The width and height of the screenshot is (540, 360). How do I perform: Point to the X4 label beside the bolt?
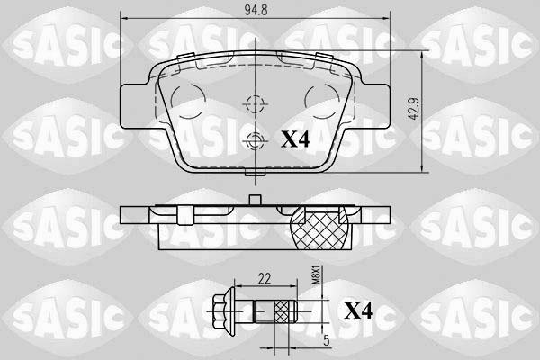tap(361, 311)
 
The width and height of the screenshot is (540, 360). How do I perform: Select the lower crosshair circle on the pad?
tap(255, 139)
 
